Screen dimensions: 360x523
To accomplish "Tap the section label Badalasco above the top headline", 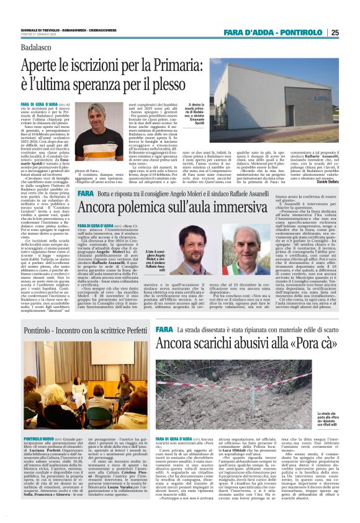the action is point(38,48).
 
